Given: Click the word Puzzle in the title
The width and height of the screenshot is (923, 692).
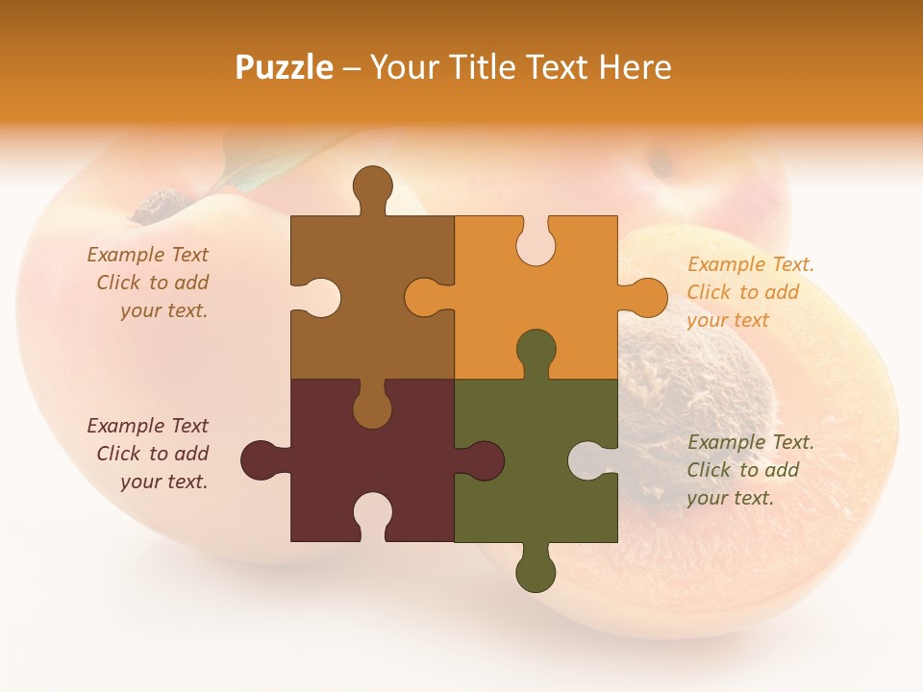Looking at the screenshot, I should [x=285, y=67].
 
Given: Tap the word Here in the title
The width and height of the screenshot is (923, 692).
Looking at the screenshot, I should [x=635, y=67].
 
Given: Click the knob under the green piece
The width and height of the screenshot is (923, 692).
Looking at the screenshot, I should [x=536, y=571].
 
